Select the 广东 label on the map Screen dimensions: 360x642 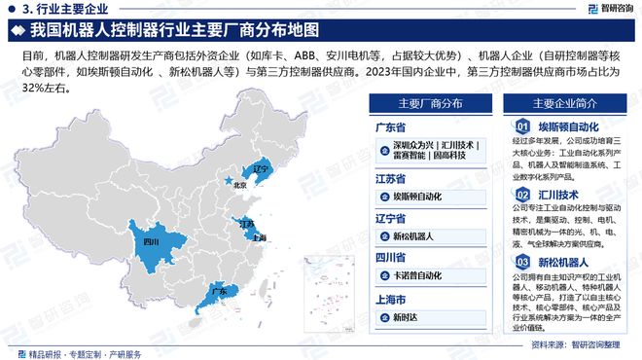pos(219,291)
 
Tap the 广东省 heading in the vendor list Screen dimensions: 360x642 pos(391,126)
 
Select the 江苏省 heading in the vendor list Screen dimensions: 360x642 pos(391,177)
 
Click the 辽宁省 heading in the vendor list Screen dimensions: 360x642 pos(391,218)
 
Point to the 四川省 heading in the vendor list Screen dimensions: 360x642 pos(391,258)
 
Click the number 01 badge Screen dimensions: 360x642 pos(522,126)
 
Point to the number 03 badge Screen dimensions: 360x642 pos(522,263)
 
